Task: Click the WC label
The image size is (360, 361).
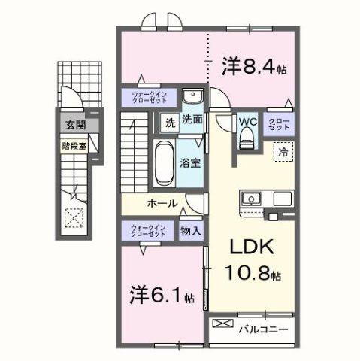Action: click(248, 120)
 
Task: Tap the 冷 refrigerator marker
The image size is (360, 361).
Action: click(283, 151)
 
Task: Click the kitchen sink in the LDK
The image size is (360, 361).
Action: click(251, 199)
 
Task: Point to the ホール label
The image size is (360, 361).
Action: click(162, 204)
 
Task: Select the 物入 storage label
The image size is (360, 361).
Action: click(191, 232)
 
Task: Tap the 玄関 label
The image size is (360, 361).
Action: click(73, 126)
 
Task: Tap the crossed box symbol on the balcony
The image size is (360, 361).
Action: click(223, 324)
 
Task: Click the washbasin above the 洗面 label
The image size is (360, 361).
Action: click(192, 98)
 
